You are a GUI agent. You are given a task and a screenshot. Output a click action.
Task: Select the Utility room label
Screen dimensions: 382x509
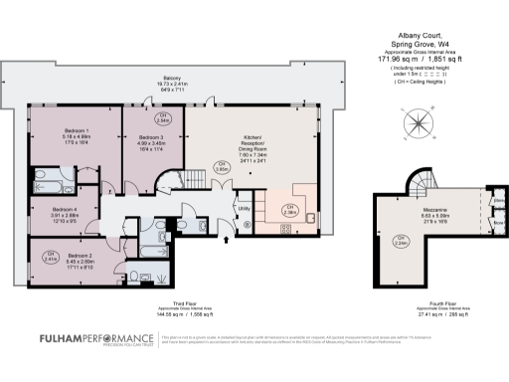click(x=243, y=208)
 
